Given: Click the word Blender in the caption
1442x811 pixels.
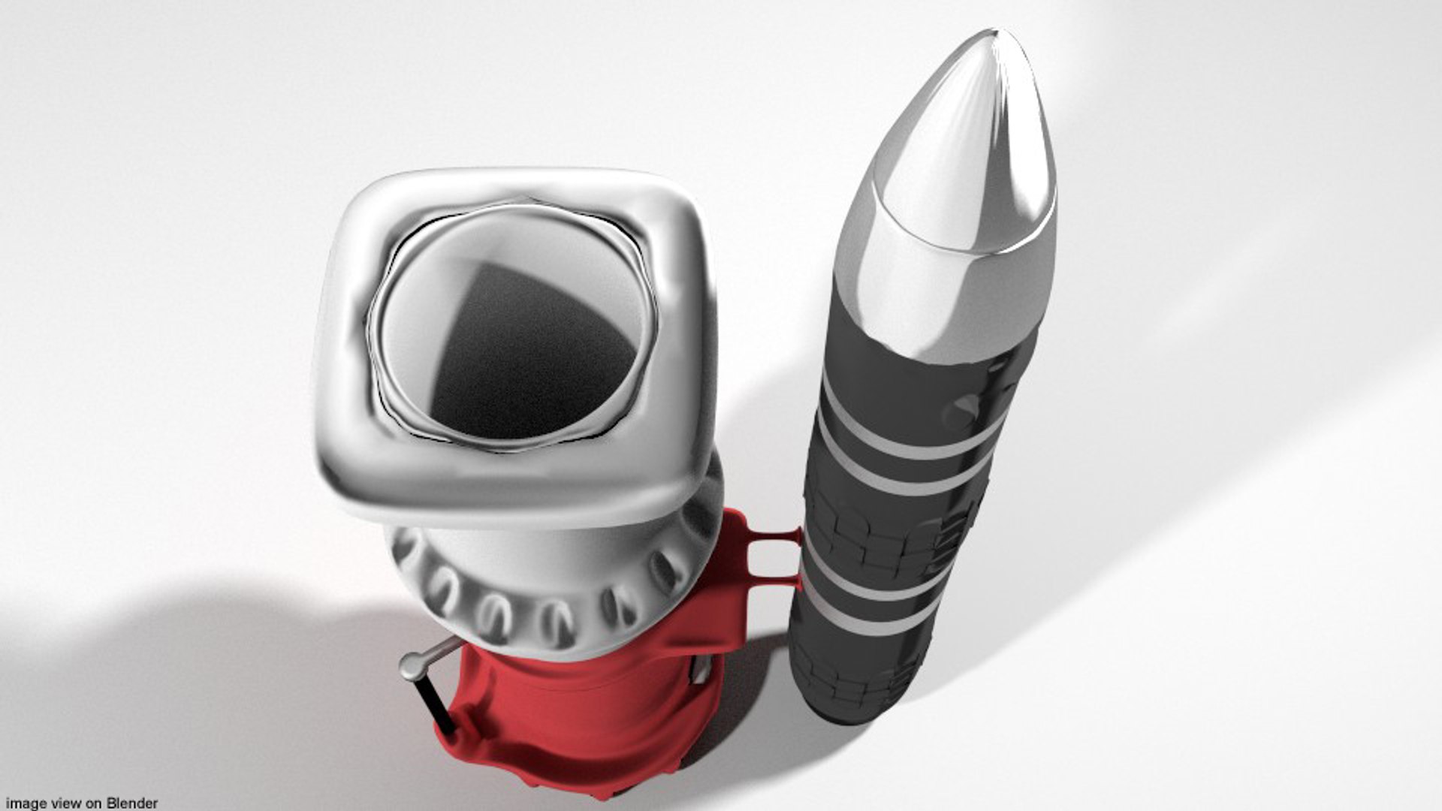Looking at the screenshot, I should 131,803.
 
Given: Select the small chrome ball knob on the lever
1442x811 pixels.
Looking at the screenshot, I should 412,665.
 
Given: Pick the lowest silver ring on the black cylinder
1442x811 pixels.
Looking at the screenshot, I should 864,620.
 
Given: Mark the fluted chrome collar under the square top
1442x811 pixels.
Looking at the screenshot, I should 548,593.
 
